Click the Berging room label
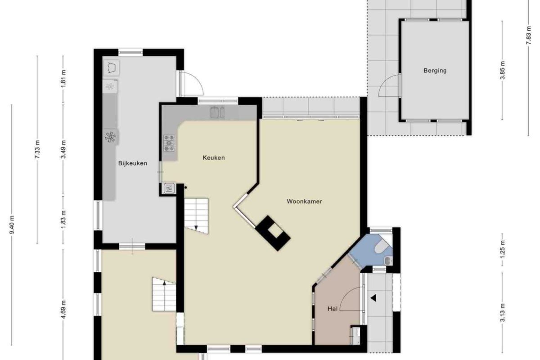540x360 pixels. (435, 71)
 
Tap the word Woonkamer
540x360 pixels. (304, 201)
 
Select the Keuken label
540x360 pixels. (214, 157)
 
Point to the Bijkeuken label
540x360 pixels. (133, 163)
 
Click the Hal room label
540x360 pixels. (333, 309)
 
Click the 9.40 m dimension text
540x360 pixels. (12, 225)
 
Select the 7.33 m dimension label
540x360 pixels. (37, 149)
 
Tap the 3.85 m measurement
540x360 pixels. (502, 70)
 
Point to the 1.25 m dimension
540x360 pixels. (502, 249)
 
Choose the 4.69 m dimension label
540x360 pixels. (63, 309)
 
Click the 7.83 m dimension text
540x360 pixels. (528, 35)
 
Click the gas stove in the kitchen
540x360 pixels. (169, 143)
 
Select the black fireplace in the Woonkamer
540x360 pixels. (273, 233)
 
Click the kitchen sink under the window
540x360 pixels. (217, 112)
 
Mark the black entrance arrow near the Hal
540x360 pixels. (373, 298)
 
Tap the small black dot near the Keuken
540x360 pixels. (185, 187)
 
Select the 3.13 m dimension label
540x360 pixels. (502, 312)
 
